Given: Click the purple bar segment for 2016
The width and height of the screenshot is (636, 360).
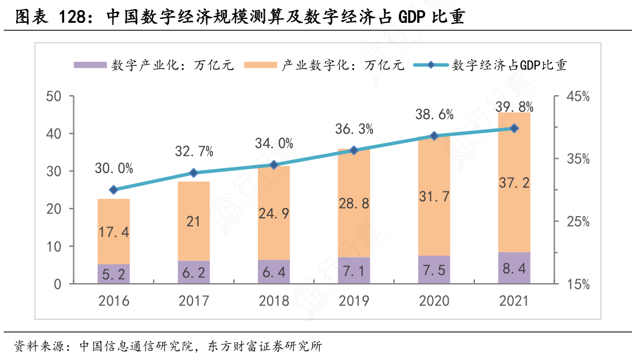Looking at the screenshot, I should click(x=113, y=274).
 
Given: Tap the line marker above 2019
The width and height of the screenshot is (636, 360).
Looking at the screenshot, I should click(x=354, y=150).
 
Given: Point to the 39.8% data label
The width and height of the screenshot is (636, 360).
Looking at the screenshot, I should click(x=515, y=107).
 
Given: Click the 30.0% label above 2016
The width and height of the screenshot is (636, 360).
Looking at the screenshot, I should click(x=113, y=169).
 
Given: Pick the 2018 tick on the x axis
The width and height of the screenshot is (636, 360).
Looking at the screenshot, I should click(x=273, y=301).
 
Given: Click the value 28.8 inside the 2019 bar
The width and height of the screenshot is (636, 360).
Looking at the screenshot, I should click(x=354, y=204).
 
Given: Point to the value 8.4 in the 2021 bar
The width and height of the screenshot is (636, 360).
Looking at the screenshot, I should click(x=514, y=269).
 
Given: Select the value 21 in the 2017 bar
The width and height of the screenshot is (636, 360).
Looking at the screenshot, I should click(x=193, y=221).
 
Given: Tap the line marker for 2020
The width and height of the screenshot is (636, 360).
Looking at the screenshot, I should click(x=434, y=136).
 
